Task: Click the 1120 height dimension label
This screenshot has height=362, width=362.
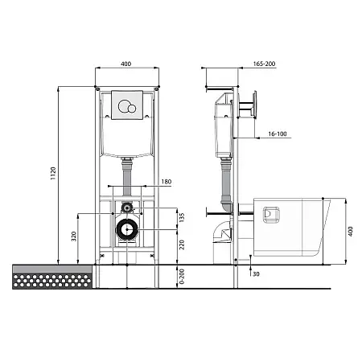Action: coord(53,173)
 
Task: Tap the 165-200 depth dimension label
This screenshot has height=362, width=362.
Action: coord(264,64)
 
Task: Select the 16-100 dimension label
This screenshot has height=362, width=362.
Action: coord(278,134)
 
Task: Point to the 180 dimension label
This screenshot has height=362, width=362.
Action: coord(167,182)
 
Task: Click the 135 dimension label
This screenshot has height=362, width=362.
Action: coord(182,218)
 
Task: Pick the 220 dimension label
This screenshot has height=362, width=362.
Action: coord(182,245)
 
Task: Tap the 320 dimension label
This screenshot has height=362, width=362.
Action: coord(74,237)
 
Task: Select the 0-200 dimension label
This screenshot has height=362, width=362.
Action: coord(182,277)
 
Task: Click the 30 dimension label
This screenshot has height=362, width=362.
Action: coord(256,274)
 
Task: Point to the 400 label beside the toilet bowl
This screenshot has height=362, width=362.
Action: coord(351,232)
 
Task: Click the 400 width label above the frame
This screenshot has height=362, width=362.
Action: coord(125,64)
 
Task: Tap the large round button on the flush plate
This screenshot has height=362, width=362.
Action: coord(124,105)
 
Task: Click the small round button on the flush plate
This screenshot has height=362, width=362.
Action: coord(132,109)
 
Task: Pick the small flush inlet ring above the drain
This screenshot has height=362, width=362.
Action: coord(127,208)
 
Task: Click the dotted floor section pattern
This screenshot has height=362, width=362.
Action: coord(52,281)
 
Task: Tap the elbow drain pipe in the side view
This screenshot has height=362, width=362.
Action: coord(222,232)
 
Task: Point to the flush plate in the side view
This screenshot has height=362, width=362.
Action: coord(254,105)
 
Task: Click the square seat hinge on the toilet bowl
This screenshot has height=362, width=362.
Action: coord(271,215)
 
